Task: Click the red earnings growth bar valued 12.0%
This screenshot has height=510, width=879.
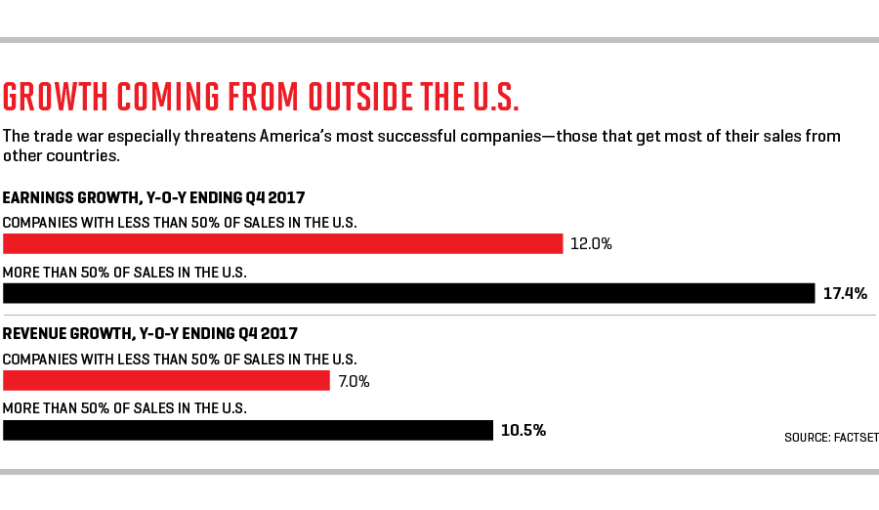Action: (x=283, y=243)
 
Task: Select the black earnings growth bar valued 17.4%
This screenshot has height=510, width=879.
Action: (x=408, y=293)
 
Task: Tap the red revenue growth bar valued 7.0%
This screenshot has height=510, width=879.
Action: (x=166, y=381)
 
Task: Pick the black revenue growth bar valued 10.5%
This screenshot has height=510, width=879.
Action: (x=248, y=430)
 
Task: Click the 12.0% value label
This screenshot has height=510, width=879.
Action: (x=592, y=243)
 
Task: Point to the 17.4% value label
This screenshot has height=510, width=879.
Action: (x=846, y=293)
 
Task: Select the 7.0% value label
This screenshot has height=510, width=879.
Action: (x=354, y=381)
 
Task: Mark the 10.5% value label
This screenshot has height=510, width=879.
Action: (x=523, y=430)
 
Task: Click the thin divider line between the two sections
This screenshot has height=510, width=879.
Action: (x=439, y=315)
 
